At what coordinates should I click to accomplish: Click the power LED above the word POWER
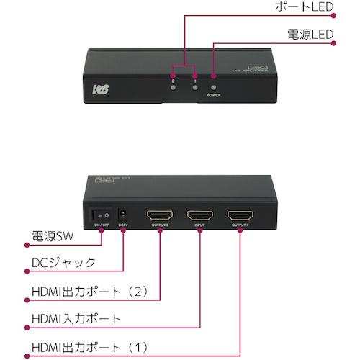pos(213,76)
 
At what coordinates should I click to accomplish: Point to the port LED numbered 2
pos(174,76)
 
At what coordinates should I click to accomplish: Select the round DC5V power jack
pos(122,213)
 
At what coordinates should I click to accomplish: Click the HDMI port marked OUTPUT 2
pos(159,215)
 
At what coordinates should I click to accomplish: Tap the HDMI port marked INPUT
pos(199,215)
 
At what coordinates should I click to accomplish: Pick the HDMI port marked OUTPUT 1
pos(240,215)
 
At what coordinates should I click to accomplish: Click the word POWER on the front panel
pos(213,94)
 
